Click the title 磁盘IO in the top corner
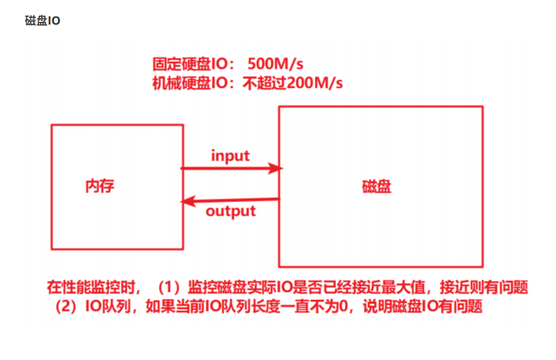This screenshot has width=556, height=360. click(43, 21)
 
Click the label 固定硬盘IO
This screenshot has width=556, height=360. click(190, 65)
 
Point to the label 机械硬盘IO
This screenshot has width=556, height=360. click(190, 83)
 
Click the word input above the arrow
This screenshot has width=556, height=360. click(230, 156)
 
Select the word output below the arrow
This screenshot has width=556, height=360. click(231, 211)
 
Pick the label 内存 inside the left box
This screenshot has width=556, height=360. click(100, 185)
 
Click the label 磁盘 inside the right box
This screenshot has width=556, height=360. click(376, 186)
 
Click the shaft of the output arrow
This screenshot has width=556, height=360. click(239, 199)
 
